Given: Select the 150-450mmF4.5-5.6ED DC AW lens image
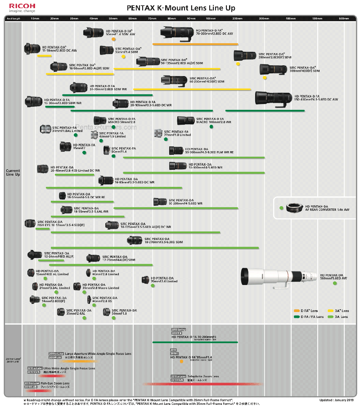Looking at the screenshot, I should point(273,99).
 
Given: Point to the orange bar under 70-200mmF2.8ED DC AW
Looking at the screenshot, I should point(195,44).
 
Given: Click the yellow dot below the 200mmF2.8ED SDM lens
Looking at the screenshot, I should point(238,63).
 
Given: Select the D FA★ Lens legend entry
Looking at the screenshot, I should point(306,311).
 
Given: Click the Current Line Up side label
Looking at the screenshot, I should point(13,172).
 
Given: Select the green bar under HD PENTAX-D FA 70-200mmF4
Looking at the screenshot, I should point(195,342).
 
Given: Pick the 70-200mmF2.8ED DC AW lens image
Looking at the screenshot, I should point(177,32).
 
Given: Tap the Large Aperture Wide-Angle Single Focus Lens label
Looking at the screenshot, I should point(98,354).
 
